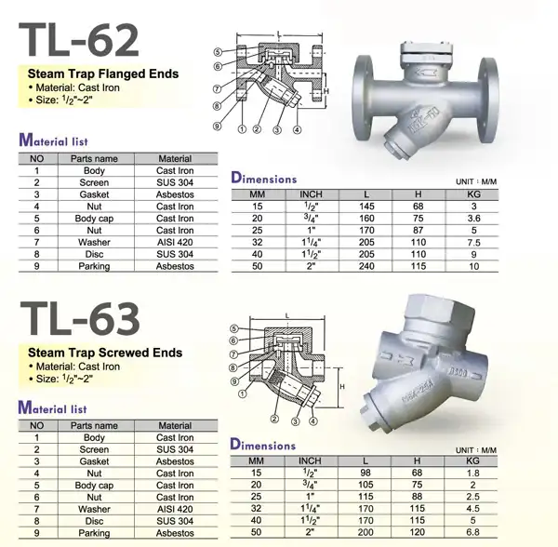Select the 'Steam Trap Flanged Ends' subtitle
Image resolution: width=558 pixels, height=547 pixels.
coord(103,73)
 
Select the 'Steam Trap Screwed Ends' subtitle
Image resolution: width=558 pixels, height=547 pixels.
coord(105,353)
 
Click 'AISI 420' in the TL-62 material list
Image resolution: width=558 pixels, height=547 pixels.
coord(175,242)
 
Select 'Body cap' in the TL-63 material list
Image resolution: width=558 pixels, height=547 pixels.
coord(94,485)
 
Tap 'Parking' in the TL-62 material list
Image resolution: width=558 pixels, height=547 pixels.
coord(94,266)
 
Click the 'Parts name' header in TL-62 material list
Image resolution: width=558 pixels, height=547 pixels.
coord(94,158)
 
